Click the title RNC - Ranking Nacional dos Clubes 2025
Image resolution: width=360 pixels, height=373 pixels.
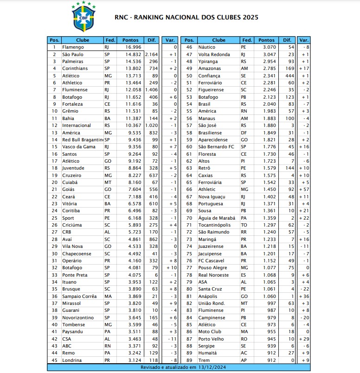[x=186, y=18]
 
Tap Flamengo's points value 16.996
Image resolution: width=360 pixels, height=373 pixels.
[x=133, y=47]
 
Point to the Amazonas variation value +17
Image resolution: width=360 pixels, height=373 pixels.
[x=304, y=69]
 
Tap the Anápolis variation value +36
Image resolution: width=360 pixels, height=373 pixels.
[x=304, y=296]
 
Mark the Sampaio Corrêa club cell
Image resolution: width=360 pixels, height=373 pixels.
[x=79, y=296]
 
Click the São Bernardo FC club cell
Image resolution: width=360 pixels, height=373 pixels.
[x=216, y=147]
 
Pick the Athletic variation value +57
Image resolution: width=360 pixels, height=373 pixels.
[x=304, y=190]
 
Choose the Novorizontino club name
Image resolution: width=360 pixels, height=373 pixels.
[x=77, y=317]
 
